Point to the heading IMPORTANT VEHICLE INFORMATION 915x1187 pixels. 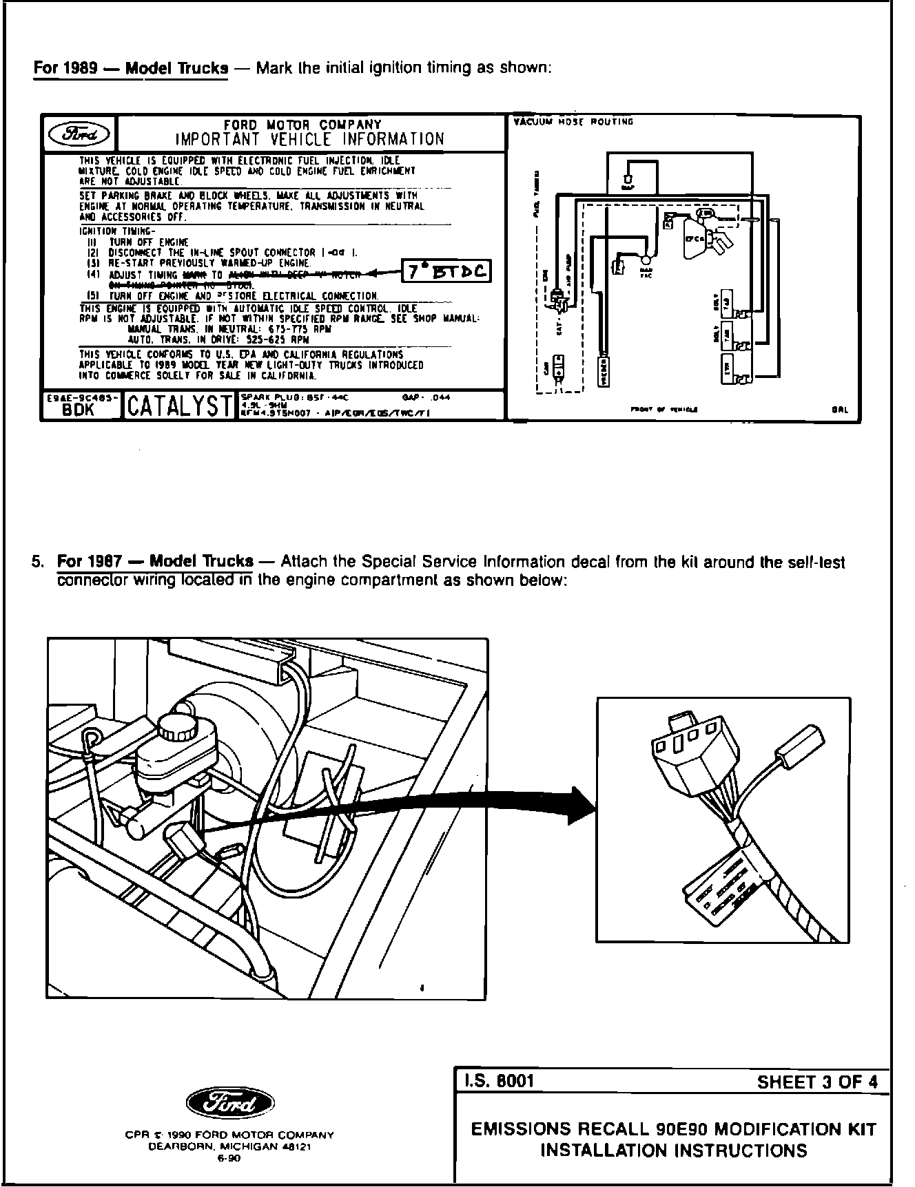(310, 139)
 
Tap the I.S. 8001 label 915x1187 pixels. (497, 1081)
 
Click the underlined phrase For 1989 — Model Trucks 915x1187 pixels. (131, 69)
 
